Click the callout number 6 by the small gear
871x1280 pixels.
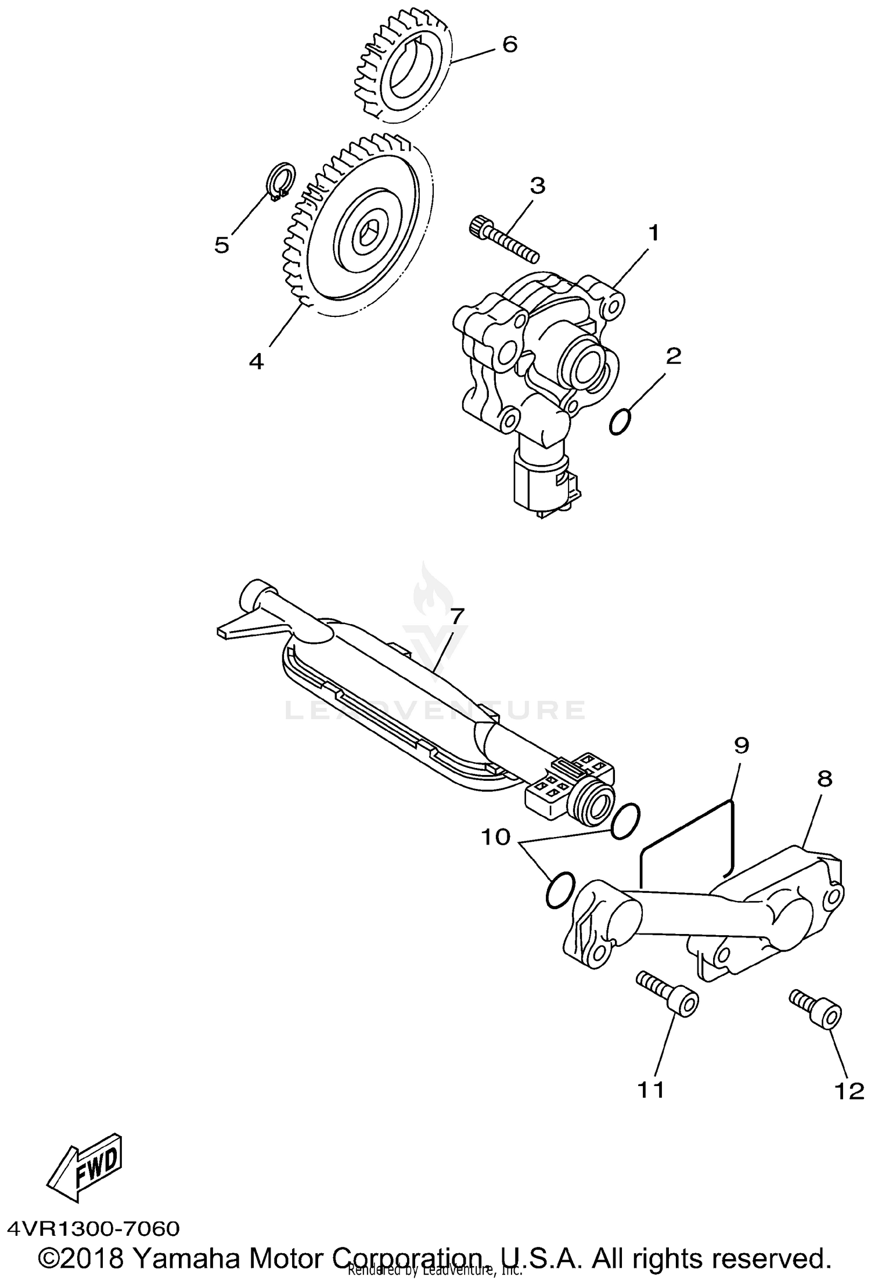(509, 44)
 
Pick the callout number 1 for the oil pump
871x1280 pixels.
(654, 233)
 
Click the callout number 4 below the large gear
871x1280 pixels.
(256, 361)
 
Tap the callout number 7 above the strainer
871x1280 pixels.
(458, 616)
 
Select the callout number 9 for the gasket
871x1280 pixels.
(742, 745)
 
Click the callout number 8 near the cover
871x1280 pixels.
(825, 779)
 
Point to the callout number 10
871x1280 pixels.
(495, 837)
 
